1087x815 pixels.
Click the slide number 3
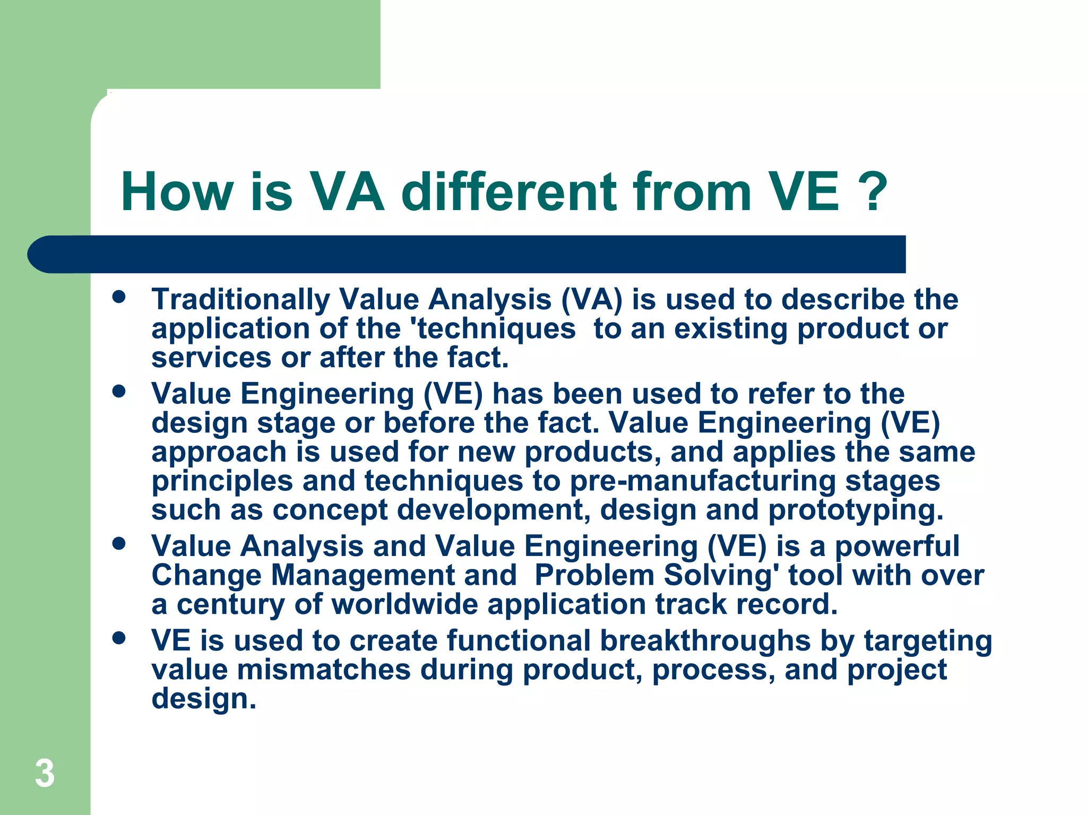[45, 774]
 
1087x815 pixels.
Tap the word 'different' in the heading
[510, 192]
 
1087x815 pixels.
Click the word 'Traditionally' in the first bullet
[240, 300]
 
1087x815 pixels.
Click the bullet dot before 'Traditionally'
[119, 297]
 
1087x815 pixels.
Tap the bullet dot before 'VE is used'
[119, 638]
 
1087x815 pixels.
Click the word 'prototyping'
[856, 510]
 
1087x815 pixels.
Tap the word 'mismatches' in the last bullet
[323, 670]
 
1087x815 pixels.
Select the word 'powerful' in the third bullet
[897, 547]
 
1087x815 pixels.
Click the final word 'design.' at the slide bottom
[204, 699]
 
